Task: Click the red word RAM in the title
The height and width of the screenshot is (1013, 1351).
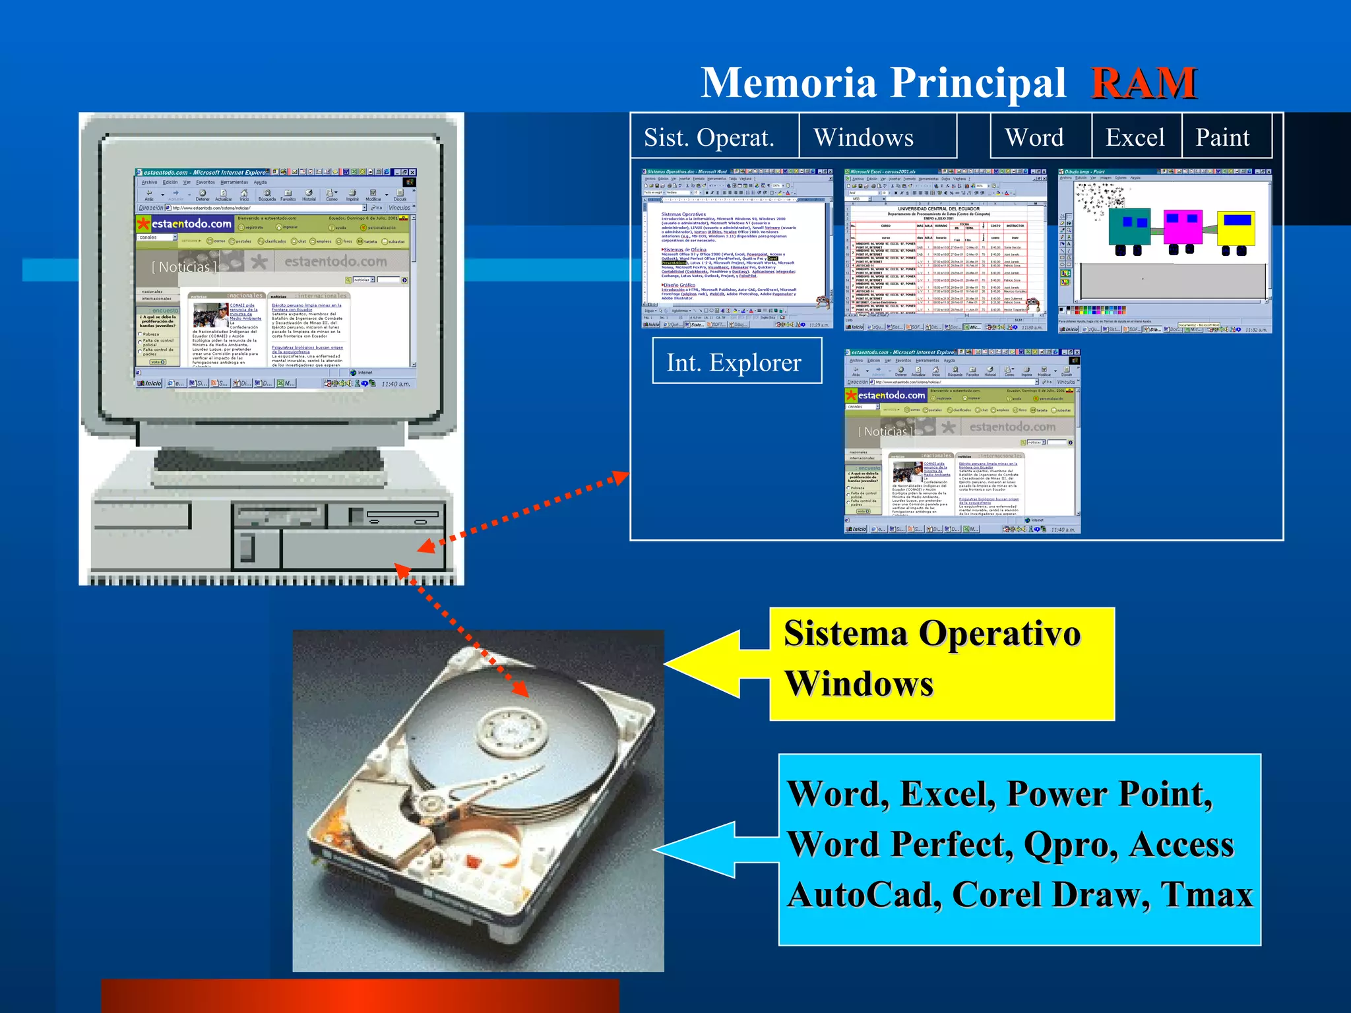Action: point(1144,84)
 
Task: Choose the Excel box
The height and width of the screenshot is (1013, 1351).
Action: point(1135,137)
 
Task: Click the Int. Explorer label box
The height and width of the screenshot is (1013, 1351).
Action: point(736,361)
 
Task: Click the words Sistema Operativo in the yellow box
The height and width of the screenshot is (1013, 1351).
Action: point(931,634)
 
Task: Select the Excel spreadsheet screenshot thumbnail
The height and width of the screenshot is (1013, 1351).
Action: point(945,250)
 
